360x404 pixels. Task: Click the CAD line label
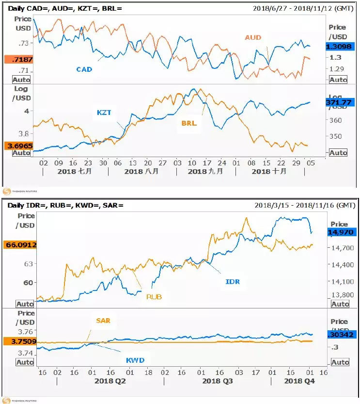(84, 69)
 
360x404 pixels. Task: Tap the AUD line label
(252, 37)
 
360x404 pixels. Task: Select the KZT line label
(104, 113)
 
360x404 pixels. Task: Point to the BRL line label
(189, 123)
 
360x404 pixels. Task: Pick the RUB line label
(154, 296)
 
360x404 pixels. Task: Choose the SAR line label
(103, 321)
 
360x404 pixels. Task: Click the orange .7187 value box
(18, 59)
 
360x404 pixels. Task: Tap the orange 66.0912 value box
(18, 245)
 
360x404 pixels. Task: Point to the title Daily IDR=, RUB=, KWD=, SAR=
(66, 205)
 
